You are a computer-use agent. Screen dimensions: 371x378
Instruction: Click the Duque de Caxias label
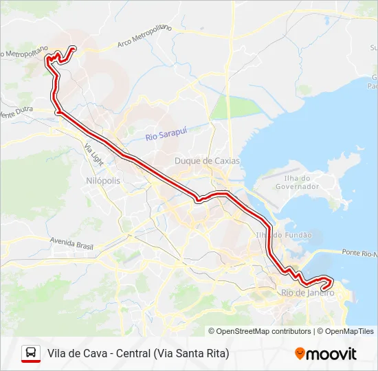pyautogui.click(x=207, y=161)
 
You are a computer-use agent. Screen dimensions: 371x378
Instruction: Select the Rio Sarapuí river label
pyautogui.click(x=166, y=134)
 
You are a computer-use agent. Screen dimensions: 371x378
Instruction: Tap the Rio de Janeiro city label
pyautogui.click(x=308, y=293)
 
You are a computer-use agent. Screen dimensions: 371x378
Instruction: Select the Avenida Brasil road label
pyautogui.click(x=71, y=243)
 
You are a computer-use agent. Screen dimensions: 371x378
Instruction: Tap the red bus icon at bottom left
pyautogui.click(x=31, y=354)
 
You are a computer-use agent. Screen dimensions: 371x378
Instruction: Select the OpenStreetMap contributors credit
pyautogui.click(x=259, y=331)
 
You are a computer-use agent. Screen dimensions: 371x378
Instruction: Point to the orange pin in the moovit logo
pyautogui.click(x=300, y=354)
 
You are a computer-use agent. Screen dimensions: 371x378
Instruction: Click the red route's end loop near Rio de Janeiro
pyautogui.click(x=325, y=282)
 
